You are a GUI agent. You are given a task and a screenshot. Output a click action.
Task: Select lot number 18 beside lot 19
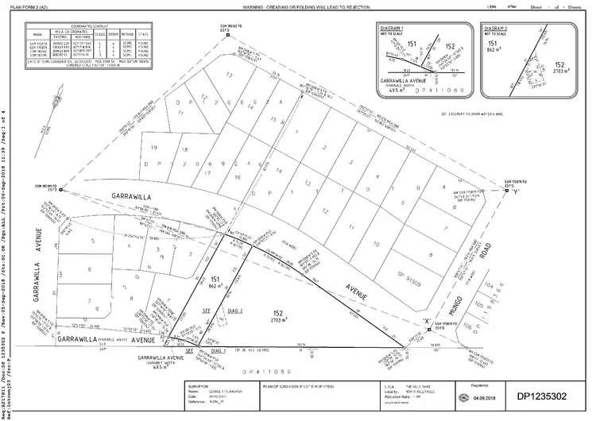point(184,149)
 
